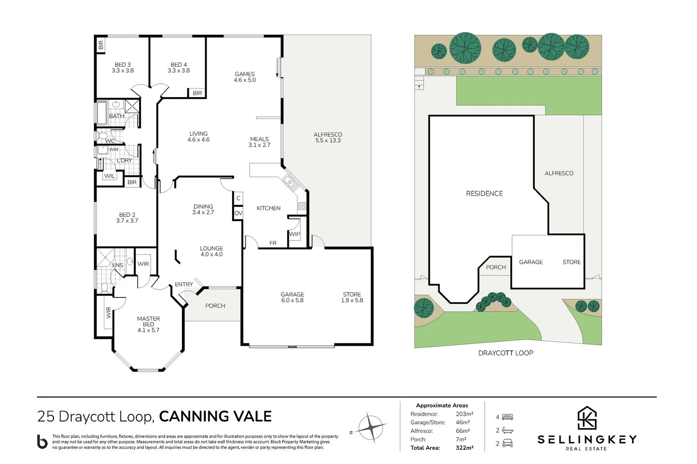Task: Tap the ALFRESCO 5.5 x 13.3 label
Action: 328,137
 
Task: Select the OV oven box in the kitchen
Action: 238,214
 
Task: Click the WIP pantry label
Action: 294,234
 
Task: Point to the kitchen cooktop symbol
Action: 302,206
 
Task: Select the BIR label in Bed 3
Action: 100,45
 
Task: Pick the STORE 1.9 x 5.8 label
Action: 352,297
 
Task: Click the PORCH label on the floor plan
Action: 215,306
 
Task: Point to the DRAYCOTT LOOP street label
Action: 506,353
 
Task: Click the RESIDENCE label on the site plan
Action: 485,193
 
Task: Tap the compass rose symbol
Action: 371,427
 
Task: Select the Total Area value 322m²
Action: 464,448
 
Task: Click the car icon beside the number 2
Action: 507,443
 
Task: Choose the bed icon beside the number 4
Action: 508,417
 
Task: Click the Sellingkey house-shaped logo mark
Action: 587,418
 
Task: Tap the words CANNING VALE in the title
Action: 215,416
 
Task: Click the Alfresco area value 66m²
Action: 463,431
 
